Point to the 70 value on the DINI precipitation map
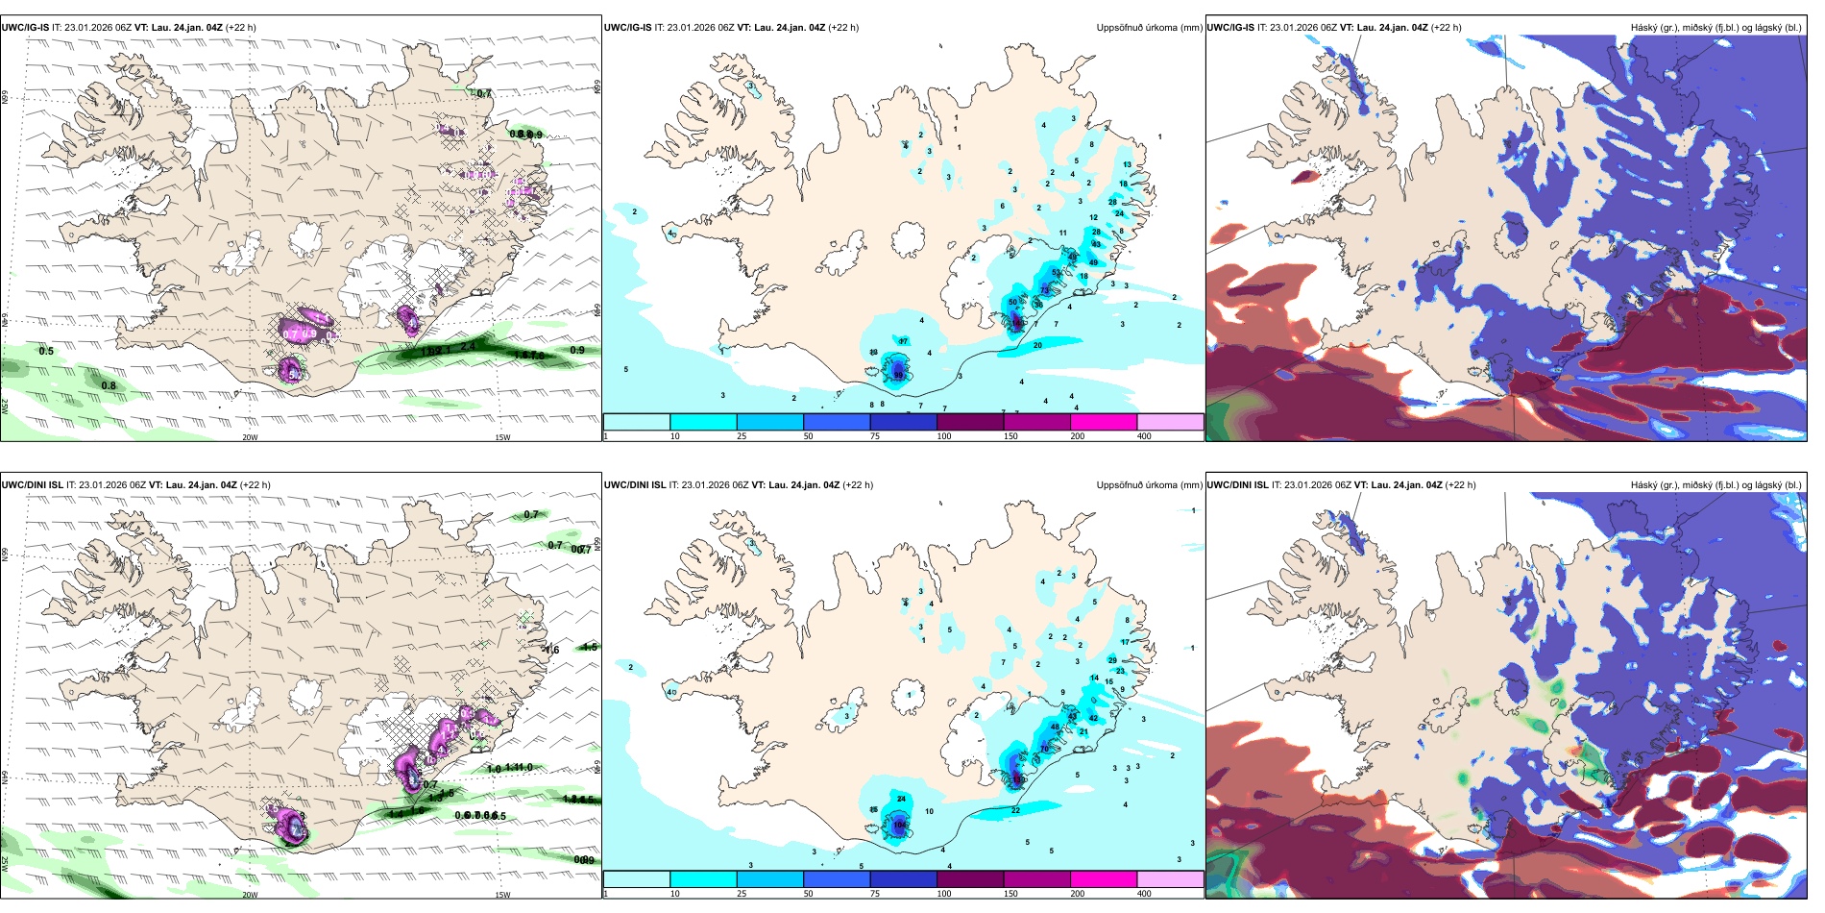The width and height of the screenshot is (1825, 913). (x=1044, y=748)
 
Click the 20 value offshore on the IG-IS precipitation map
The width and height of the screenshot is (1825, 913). (x=1037, y=345)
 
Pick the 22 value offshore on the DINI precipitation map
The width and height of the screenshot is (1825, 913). (x=1015, y=810)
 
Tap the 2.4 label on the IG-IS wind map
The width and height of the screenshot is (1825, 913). (x=468, y=346)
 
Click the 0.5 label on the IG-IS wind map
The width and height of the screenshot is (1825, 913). (x=46, y=351)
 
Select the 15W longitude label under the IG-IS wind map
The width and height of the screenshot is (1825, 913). (x=501, y=437)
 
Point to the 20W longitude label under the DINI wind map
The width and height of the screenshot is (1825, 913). (x=250, y=895)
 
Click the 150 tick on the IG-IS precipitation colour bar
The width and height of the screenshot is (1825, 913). (x=1010, y=436)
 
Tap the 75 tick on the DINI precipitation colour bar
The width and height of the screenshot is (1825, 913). (x=875, y=894)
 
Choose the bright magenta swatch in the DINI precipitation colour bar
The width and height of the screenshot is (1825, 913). (x=1103, y=878)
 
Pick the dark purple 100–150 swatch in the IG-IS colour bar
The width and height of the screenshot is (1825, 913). (x=969, y=421)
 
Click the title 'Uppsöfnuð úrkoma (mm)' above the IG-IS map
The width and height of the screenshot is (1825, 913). (x=1149, y=28)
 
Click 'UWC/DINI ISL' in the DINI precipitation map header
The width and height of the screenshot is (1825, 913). (x=640, y=485)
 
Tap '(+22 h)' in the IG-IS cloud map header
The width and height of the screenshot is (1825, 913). (x=1446, y=28)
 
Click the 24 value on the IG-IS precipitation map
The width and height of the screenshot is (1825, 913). (x=1119, y=213)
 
